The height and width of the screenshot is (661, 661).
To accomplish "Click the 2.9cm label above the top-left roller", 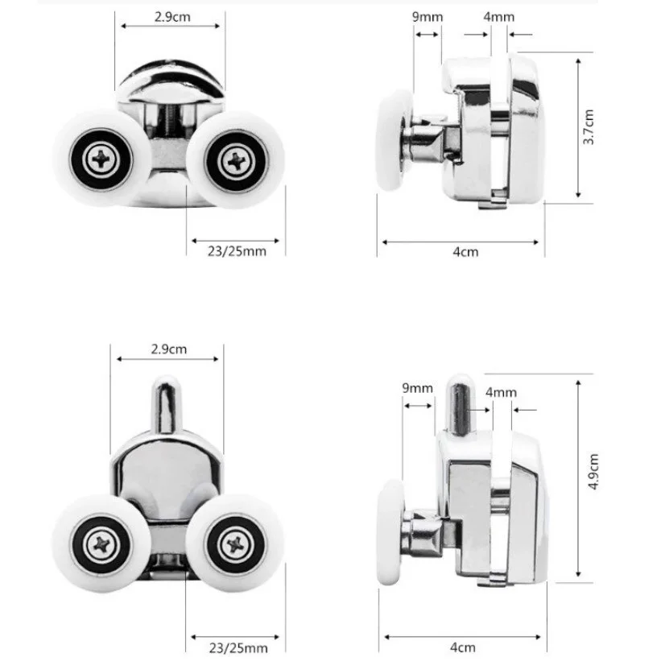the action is tap(172, 17).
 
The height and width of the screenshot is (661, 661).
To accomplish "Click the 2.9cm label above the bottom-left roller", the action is tap(168, 349).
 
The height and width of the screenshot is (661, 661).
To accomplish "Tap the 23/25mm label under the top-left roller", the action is tap(237, 251).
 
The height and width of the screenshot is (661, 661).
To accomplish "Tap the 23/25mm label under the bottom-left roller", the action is tap(238, 647).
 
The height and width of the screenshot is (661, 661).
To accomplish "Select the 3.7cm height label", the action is tap(589, 127).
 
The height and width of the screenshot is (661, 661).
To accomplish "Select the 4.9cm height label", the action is tap(593, 471).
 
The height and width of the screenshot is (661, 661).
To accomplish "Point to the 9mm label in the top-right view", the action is tap(428, 17).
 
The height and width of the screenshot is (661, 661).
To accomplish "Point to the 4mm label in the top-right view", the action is tap(498, 17).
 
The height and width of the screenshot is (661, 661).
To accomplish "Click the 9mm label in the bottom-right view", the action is tap(417, 388).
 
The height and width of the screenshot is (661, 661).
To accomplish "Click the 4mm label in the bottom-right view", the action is tap(501, 392).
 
